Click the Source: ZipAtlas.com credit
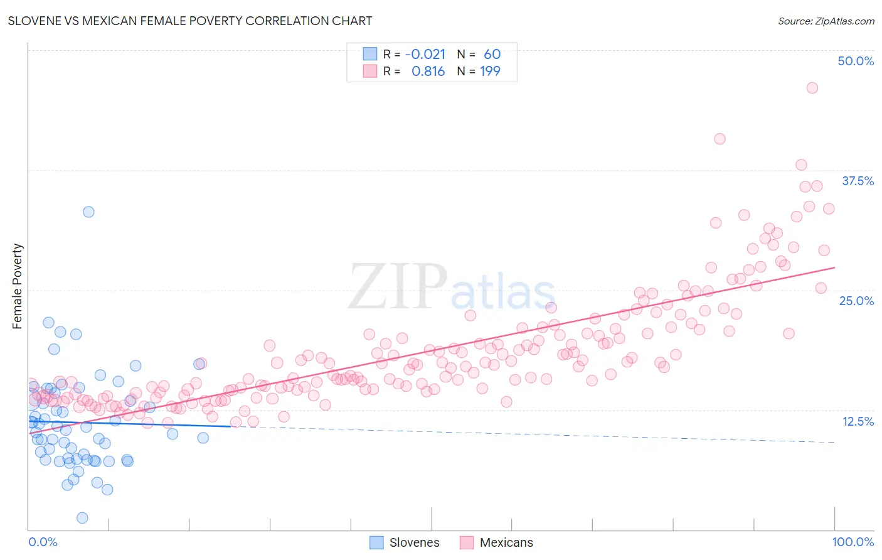tap(826, 21)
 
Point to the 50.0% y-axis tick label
tap(856, 61)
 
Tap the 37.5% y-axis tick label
tap(858, 181)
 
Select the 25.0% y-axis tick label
tap(856, 301)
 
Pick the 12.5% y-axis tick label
tap(858, 421)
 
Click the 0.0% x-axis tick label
tap(43, 542)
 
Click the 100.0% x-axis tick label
tap(853, 542)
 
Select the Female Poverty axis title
tap(18, 286)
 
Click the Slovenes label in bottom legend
tap(414, 542)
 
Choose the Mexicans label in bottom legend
tap(506, 542)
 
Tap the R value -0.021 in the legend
tap(425, 55)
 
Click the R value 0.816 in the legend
tap(428, 72)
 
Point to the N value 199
tap(490, 72)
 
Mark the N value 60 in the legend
tap(492, 55)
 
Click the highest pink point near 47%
tap(812, 88)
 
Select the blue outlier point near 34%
tap(88, 212)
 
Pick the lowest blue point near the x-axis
tap(82, 518)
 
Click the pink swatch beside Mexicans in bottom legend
tap(466, 542)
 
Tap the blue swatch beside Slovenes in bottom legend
tap(376, 542)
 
